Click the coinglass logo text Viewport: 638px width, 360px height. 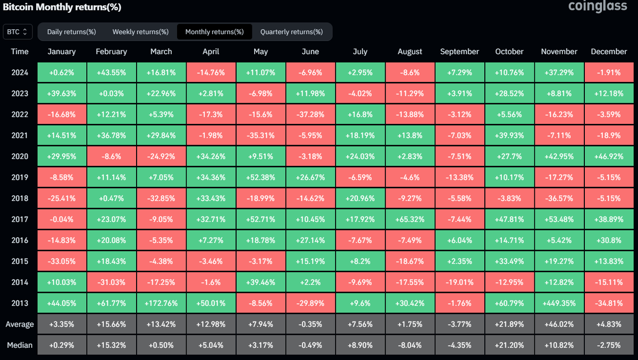(x=598, y=7)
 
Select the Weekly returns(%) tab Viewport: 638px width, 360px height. (x=140, y=32)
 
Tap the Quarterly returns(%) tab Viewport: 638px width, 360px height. (x=291, y=32)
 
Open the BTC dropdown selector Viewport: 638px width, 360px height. (x=18, y=32)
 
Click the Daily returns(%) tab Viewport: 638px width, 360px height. (x=71, y=32)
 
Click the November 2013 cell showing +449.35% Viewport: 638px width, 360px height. (x=559, y=303)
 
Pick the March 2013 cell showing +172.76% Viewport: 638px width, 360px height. (x=161, y=303)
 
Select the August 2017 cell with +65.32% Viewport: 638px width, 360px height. (x=410, y=219)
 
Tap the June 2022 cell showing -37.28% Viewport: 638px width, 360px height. (x=310, y=114)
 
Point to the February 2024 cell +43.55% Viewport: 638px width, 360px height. (x=111, y=72)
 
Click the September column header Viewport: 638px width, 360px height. (x=459, y=52)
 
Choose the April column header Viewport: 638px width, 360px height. (x=211, y=52)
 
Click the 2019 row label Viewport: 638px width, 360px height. (x=20, y=177)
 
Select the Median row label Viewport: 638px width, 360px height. (x=20, y=345)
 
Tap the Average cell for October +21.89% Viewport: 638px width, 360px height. (x=509, y=324)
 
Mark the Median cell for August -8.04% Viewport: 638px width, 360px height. (x=410, y=345)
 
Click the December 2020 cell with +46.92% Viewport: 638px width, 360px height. (x=609, y=156)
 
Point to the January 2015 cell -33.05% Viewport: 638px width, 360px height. (x=61, y=261)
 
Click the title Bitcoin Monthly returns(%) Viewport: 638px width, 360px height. (x=62, y=7)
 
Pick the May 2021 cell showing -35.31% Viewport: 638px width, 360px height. (x=261, y=135)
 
